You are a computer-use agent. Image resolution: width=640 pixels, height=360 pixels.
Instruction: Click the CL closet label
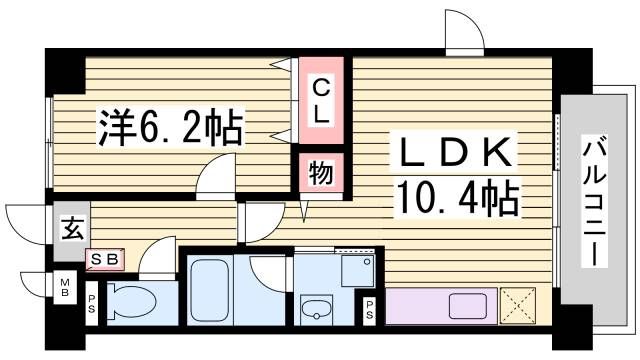tap(319, 100)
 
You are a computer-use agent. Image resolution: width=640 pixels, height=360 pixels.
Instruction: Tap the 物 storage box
tap(319, 173)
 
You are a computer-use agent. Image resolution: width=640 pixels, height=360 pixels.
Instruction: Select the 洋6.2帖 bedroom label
tap(169, 127)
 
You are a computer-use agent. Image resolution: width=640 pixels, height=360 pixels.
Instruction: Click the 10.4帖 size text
tap(459, 197)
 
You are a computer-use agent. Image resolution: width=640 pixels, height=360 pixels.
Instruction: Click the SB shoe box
tap(104, 260)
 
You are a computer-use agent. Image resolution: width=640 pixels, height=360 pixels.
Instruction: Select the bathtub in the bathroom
tap(211, 289)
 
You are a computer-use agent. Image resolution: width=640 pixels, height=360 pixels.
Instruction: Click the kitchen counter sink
tap(467, 305)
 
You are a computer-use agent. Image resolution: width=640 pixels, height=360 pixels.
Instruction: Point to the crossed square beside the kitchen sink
tap(519, 306)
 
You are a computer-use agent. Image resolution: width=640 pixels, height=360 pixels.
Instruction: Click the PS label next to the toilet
tap(92, 301)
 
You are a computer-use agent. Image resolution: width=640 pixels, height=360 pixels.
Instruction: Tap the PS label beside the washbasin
tap(370, 309)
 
